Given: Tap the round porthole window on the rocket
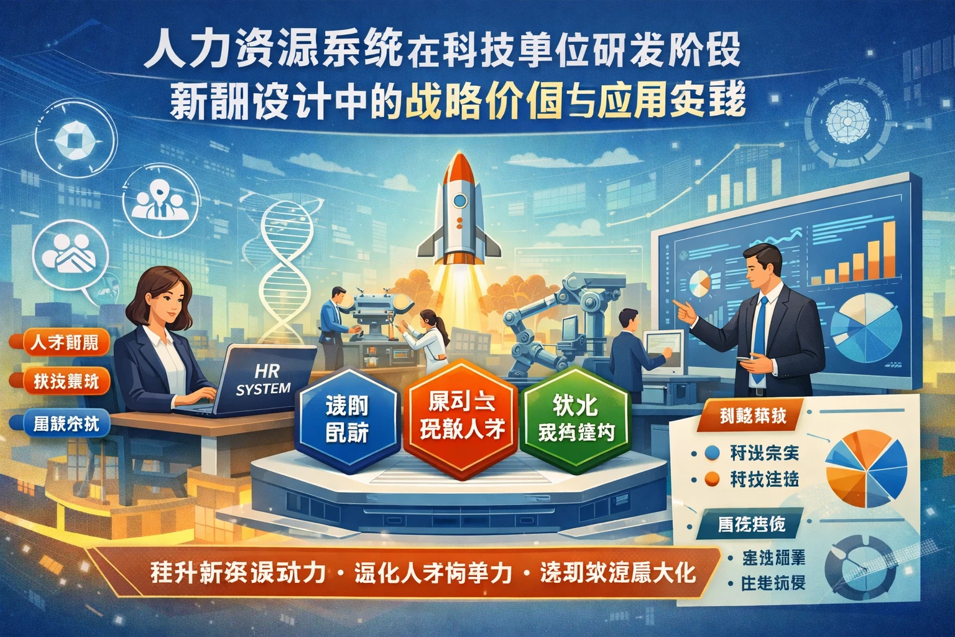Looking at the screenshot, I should tap(459, 200).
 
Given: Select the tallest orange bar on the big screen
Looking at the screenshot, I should tap(890, 252).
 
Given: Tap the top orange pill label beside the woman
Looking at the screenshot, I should tap(64, 343).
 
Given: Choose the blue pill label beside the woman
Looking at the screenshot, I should tap(63, 425).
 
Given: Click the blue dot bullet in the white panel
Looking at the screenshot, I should tap(713, 453).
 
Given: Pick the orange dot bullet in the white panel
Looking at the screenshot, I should tap(713, 479).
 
